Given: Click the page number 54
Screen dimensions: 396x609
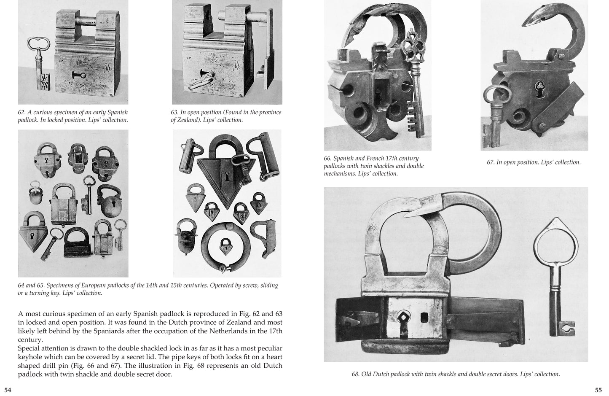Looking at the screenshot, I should pyautogui.click(x=8, y=390).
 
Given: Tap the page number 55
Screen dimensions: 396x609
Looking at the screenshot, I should pyautogui.click(x=598, y=390).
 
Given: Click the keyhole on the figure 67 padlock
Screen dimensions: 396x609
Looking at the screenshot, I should pyautogui.click(x=539, y=86).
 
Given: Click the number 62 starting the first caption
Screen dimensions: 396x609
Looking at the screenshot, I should pyautogui.click(x=22, y=113).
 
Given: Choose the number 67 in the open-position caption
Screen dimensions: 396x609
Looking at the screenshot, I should pyautogui.click(x=491, y=162).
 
